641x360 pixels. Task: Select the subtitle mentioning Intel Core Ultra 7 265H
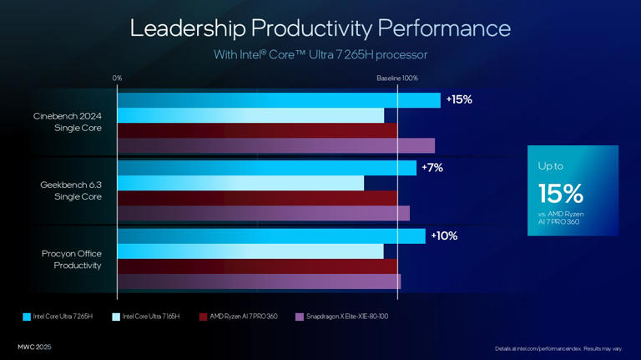tap(320, 55)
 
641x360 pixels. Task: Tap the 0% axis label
tap(117, 78)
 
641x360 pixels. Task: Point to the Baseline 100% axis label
tap(396, 78)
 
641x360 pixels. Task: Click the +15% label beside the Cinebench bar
tap(459, 99)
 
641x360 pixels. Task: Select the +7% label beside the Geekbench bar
tap(432, 168)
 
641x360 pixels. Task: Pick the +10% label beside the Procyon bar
tap(444, 236)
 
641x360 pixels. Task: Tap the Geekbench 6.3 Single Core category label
tap(71, 190)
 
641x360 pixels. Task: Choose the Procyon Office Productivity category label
tap(72, 259)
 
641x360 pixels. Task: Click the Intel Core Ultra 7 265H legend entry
tap(58, 317)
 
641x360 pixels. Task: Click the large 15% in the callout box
tap(561, 194)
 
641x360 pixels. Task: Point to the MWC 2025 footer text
tap(34, 347)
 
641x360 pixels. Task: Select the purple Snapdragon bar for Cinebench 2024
tap(275, 146)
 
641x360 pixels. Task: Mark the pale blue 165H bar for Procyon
tap(250, 251)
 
